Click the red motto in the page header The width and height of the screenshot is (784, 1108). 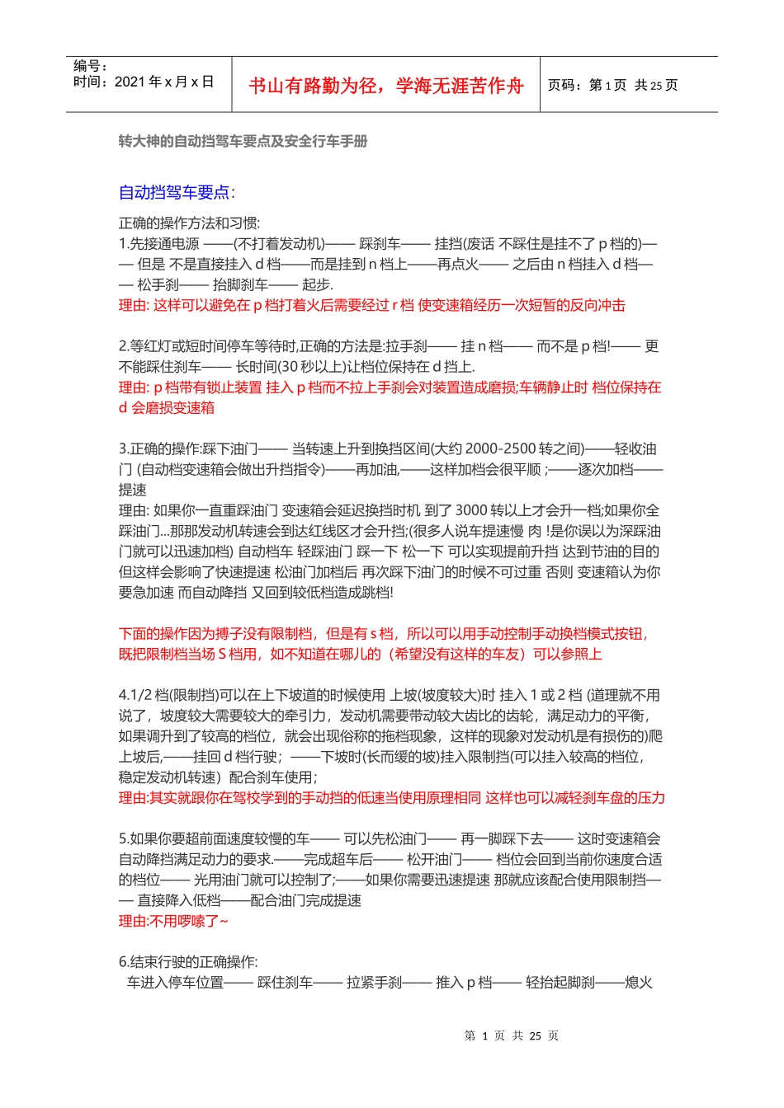(385, 86)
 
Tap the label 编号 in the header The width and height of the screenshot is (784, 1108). (89, 66)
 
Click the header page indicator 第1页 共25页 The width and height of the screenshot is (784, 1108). (613, 85)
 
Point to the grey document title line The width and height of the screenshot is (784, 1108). (243, 141)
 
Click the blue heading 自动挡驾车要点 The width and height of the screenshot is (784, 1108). (174, 192)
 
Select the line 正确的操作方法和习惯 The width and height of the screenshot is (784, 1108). (189, 223)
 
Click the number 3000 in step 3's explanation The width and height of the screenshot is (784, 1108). (472, 510)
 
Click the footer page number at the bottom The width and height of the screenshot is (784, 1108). (512, 1035)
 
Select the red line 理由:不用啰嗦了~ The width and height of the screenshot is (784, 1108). (173, 921)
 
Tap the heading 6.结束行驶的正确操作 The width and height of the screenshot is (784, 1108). (188, 961)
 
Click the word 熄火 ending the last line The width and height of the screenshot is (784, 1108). (639, 982)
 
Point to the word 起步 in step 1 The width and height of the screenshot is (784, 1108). (316, 284)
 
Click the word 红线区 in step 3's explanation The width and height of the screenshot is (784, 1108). (353, 531)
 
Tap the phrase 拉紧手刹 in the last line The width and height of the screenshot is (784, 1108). (374, 982)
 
